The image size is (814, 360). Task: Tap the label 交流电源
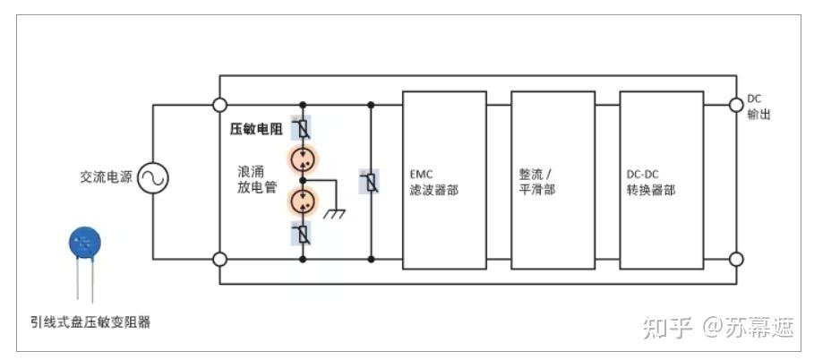click(x=106, y=178)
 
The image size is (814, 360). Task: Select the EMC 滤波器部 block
click(x=444, y=180)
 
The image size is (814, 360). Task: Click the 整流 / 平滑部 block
click(x=553, y=180)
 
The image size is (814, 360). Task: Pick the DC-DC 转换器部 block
click(x=661, y=180)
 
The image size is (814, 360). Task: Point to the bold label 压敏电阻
click(x=256, y=130)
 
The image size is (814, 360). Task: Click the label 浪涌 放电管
click(x=253, y=179)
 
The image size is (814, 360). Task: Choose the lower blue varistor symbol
click(x=303, y=235)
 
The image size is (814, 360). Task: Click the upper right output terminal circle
click(x=736, y=105)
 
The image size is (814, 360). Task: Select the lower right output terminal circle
click(x=736, y=259)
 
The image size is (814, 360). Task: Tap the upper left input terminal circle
click(x=219, y=105)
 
